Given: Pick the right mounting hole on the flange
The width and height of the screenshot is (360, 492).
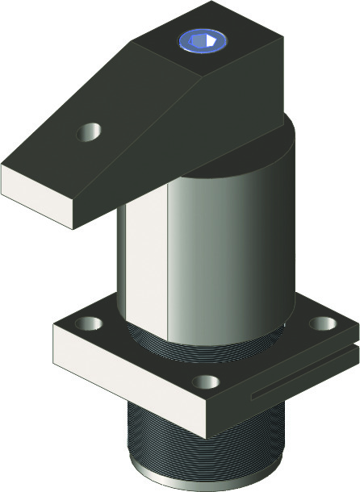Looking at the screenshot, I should click(323, 323).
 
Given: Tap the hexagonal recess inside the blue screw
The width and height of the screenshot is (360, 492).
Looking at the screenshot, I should click(203, 41).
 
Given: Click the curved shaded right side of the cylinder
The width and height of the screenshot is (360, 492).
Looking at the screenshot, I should click(258, 258).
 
